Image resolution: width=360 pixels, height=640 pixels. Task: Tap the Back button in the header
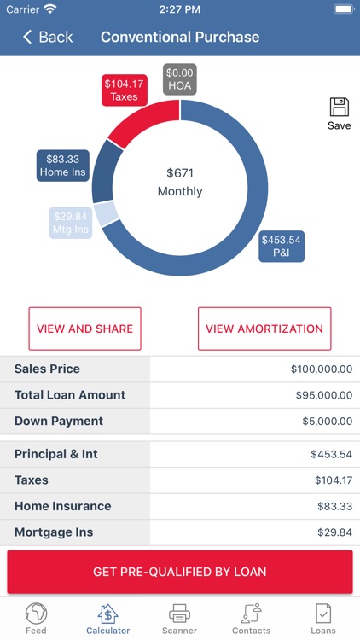pos(48,37)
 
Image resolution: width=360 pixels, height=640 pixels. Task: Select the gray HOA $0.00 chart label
pos(180,79)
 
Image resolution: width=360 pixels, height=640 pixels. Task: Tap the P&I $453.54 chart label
pos(282,246)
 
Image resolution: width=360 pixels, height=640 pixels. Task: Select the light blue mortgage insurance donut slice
pos(107,213)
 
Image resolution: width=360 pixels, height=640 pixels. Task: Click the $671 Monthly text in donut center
pos(180,182)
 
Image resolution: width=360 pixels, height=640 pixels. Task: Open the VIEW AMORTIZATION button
pos(264,329)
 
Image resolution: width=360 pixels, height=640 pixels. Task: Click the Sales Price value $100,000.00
pos(321,369)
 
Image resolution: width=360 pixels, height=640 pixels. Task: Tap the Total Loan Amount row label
pos(70,395)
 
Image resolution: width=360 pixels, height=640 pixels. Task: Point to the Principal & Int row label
pos(56,454)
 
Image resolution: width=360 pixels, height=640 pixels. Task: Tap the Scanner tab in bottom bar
pos(179,619)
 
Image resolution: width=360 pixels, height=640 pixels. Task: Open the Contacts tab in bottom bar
pos(251,619)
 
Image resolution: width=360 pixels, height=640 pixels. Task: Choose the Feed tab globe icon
pos(36,614)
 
